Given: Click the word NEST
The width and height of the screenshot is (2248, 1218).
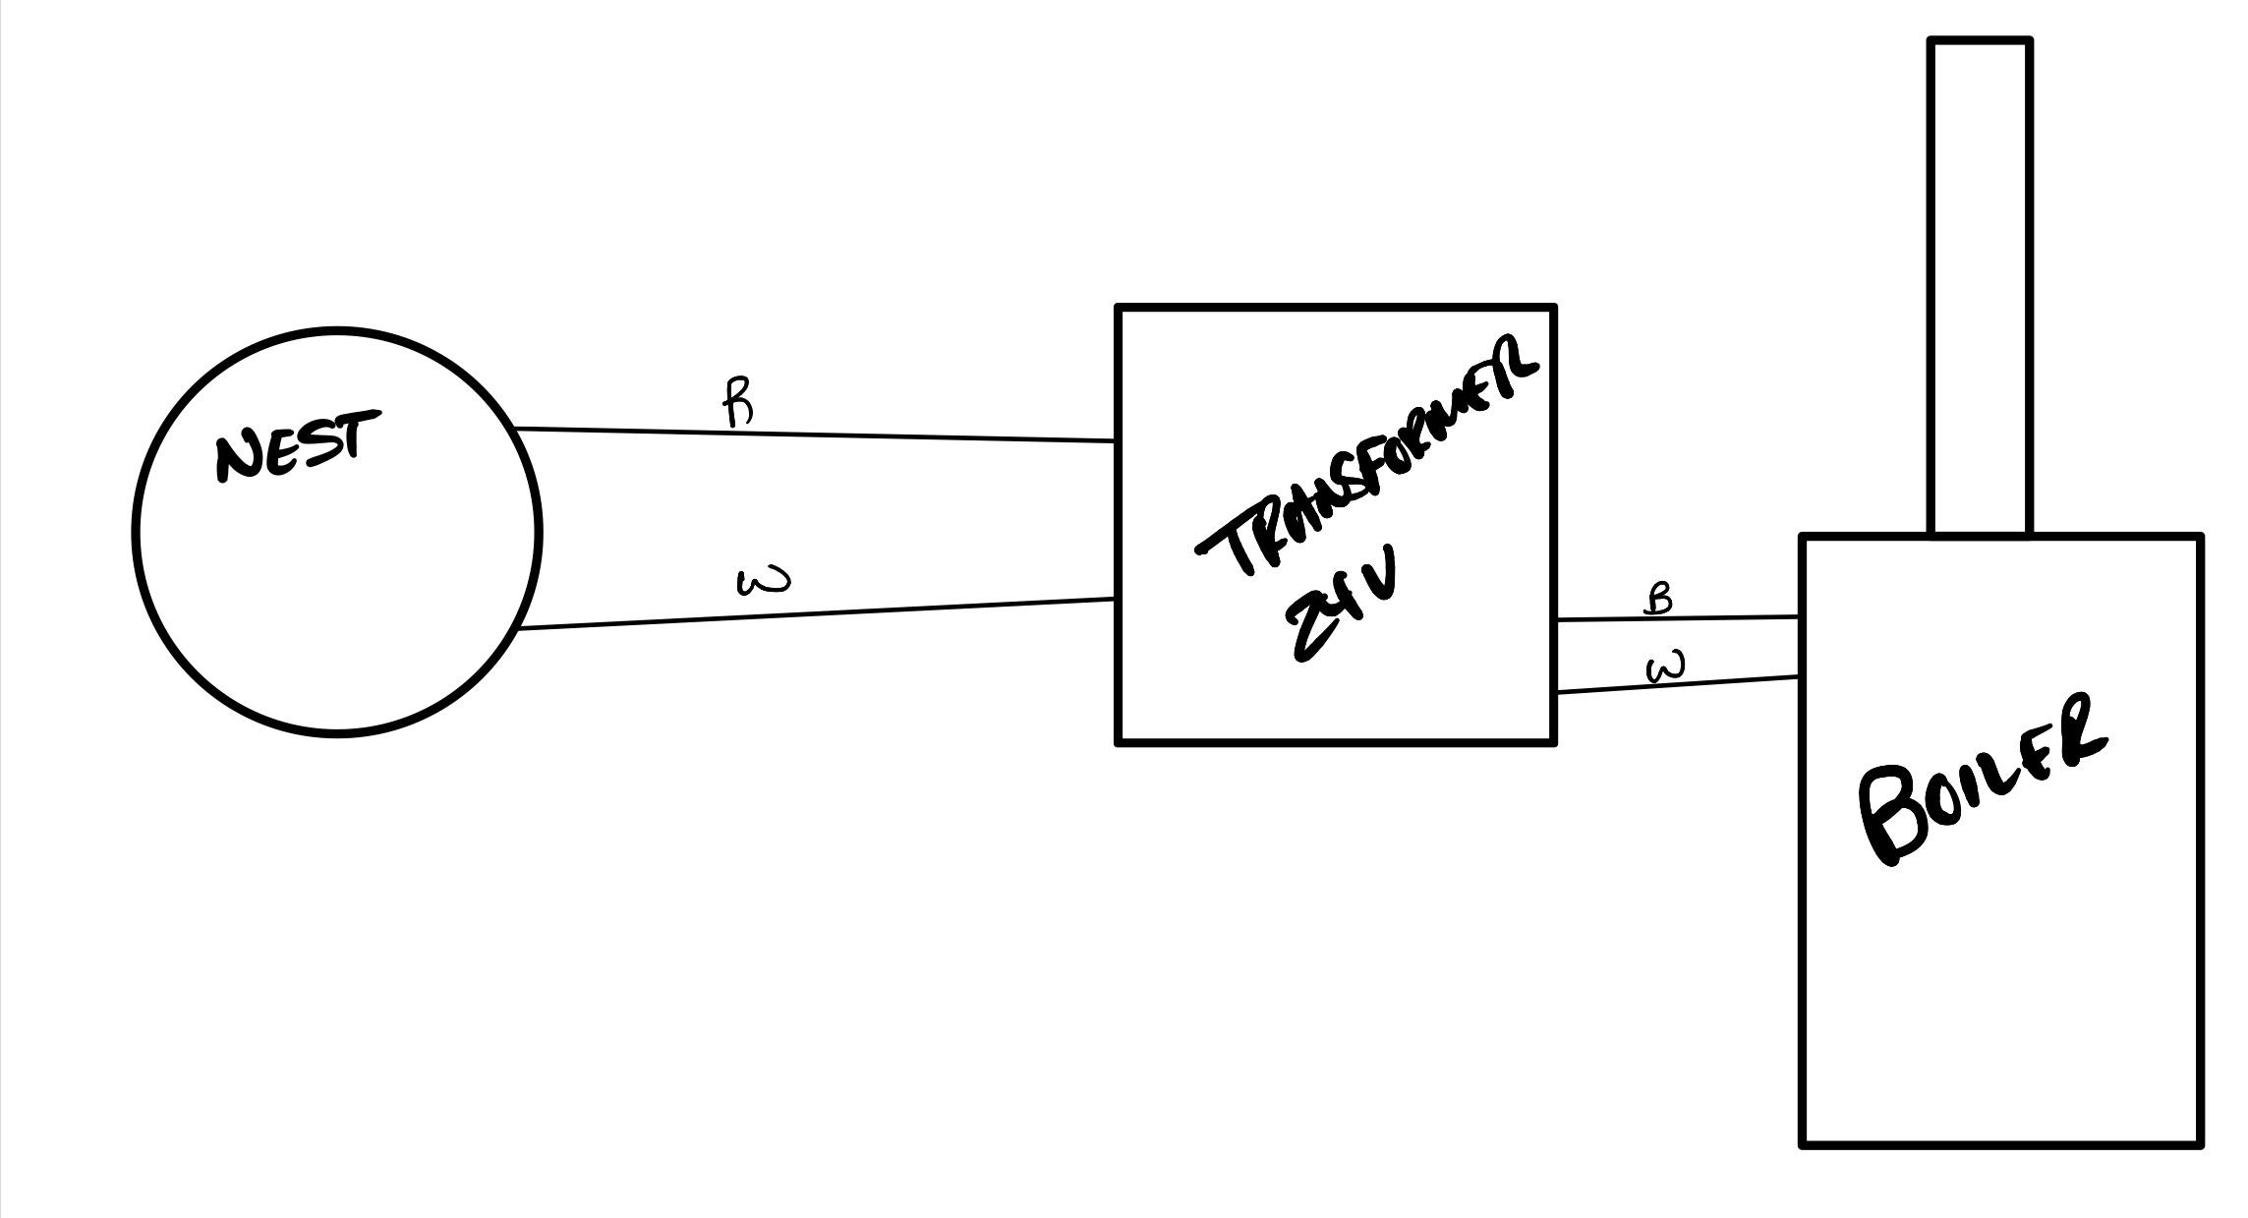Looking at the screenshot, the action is tap(296, 446).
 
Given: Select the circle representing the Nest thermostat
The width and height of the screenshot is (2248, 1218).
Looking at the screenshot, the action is tap(337, 590).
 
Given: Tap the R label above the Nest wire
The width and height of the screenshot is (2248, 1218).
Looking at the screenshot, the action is tap(739, 403).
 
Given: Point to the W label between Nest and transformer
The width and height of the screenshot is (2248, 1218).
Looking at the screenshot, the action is tap(763, 582).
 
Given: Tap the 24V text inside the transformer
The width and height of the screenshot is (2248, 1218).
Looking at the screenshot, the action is tap(1341, 609).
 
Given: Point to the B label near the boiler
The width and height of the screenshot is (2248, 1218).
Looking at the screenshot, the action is tap(1658, 598).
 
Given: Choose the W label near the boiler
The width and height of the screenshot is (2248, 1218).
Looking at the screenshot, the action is tap(1666, 668).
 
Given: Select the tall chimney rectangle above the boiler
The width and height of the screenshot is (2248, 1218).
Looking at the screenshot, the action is tap(1981, 285).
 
